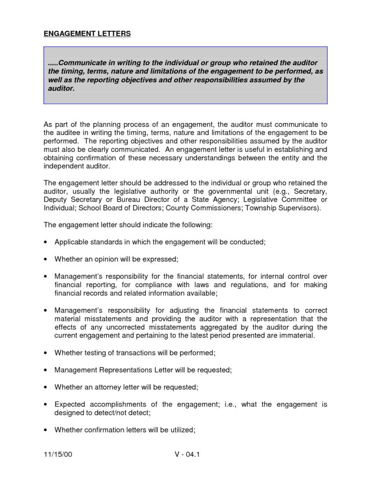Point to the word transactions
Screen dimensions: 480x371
tap(132, 352)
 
